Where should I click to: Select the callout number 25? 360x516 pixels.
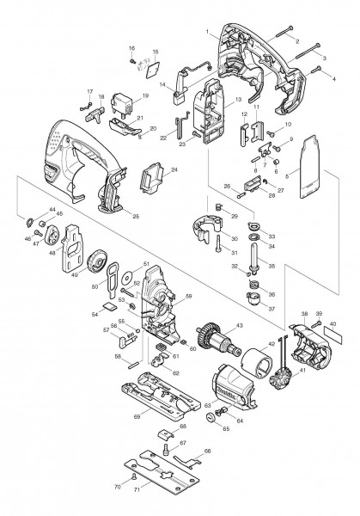pyautogui.click(x=134, y=216)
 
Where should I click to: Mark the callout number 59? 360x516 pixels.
pyautogui.click(x=179, y=297)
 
